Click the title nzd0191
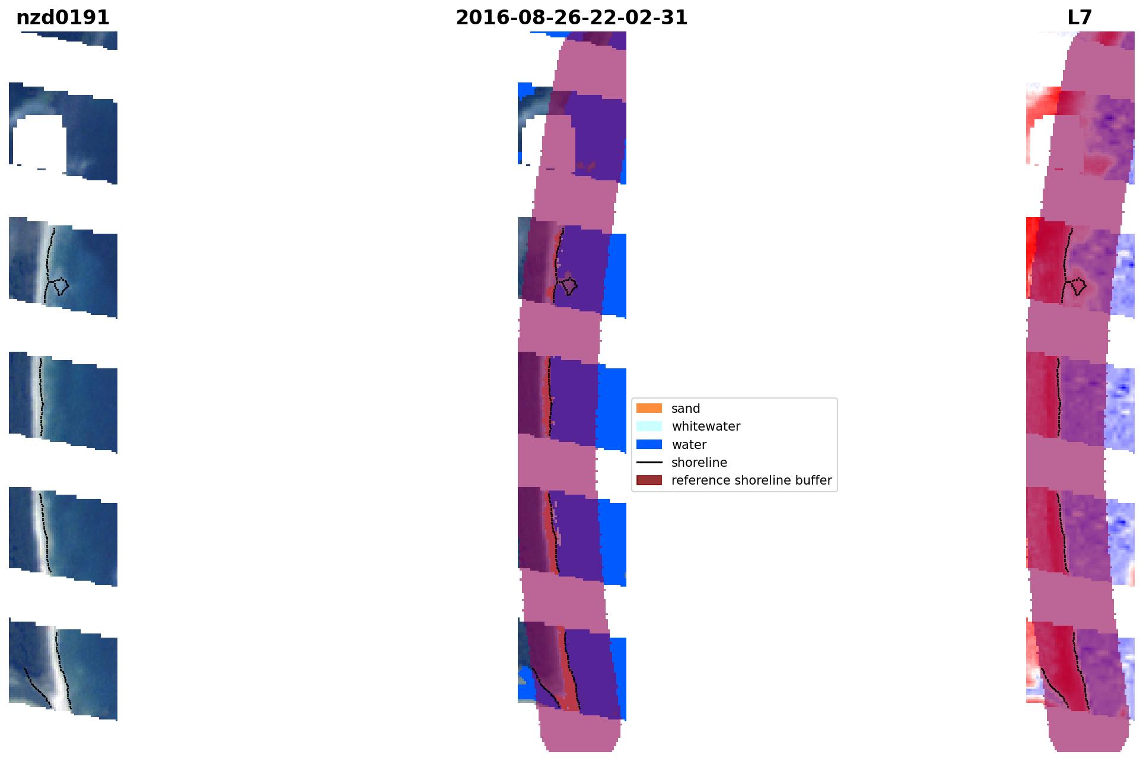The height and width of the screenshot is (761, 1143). (63, 18)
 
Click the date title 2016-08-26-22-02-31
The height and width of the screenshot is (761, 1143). (571, 18)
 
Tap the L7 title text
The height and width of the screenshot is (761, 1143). (1080, 18)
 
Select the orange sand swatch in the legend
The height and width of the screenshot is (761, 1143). (649, 408)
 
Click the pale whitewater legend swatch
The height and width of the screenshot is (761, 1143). (649, 426)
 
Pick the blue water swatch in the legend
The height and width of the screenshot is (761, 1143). (649, 444)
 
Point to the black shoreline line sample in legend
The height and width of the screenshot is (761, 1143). (649, 462)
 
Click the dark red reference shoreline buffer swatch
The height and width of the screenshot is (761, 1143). (649, 480)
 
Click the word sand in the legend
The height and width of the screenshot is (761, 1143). (686, 409)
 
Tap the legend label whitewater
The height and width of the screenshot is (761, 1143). (706, 426)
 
